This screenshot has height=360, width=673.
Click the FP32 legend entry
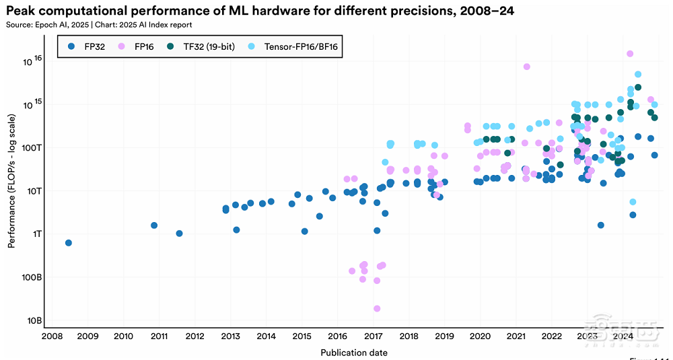point(88,46)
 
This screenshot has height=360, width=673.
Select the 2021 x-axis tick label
point(516,336)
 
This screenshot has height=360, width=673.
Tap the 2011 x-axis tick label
point(159,336)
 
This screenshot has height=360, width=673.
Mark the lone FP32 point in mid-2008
point(68,243)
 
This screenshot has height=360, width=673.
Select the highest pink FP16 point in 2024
point(630,54)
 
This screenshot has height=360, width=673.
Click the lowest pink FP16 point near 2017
point(377,308)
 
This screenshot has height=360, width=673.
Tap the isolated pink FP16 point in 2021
point(526,67)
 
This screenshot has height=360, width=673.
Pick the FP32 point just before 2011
point(154,225)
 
